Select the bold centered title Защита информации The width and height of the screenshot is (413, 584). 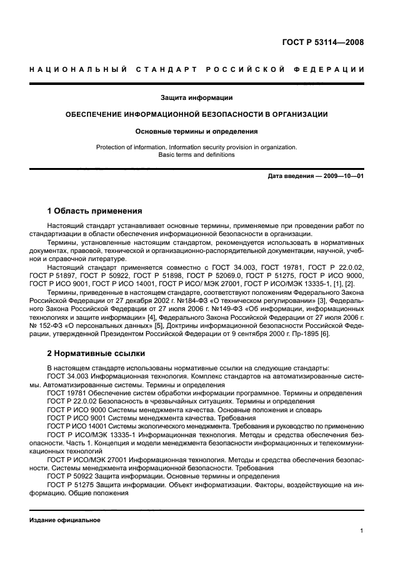point(197,97)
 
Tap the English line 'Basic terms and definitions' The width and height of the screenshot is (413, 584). point(197,154)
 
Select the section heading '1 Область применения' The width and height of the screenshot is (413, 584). point(95,210)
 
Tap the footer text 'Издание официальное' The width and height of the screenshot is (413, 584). point(64,520)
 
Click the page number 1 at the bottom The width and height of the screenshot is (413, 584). point(362,531)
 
